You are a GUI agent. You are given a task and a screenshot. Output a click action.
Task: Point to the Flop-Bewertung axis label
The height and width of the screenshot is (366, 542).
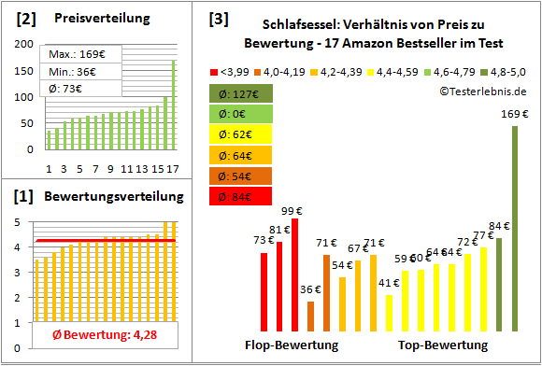[x=292, y=345]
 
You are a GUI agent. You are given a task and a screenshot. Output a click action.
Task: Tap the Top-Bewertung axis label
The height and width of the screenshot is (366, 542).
[x=442, y=345]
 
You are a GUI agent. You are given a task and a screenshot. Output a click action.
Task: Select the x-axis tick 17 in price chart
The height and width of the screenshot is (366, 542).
[x=172, y=169]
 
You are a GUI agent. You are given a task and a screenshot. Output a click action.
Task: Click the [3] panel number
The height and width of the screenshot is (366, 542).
[x=218, y=19]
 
